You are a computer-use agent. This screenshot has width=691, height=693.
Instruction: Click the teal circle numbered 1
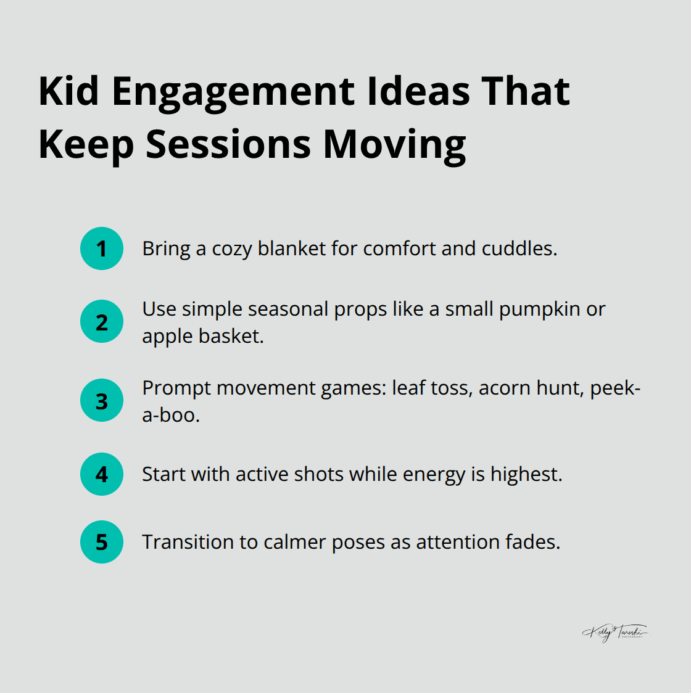point(102,248)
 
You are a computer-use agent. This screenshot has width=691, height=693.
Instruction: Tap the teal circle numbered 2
point(102,322)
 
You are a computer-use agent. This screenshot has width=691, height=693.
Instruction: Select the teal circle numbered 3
point(102,401)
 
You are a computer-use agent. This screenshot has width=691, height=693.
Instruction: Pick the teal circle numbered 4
point(102,474)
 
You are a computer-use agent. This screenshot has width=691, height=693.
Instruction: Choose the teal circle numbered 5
point(102,542)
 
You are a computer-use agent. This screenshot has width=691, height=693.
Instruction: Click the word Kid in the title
point(68,91)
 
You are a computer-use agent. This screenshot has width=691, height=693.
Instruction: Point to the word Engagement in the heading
point(234,92)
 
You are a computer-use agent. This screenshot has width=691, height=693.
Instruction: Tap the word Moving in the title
point(394,145)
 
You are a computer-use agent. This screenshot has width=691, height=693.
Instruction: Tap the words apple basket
point(202,337)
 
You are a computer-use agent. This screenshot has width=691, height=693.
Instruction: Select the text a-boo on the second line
point(170,416)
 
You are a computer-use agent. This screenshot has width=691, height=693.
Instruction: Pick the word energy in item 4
point(435,475)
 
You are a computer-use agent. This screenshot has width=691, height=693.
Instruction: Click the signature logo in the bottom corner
point(615,633)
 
